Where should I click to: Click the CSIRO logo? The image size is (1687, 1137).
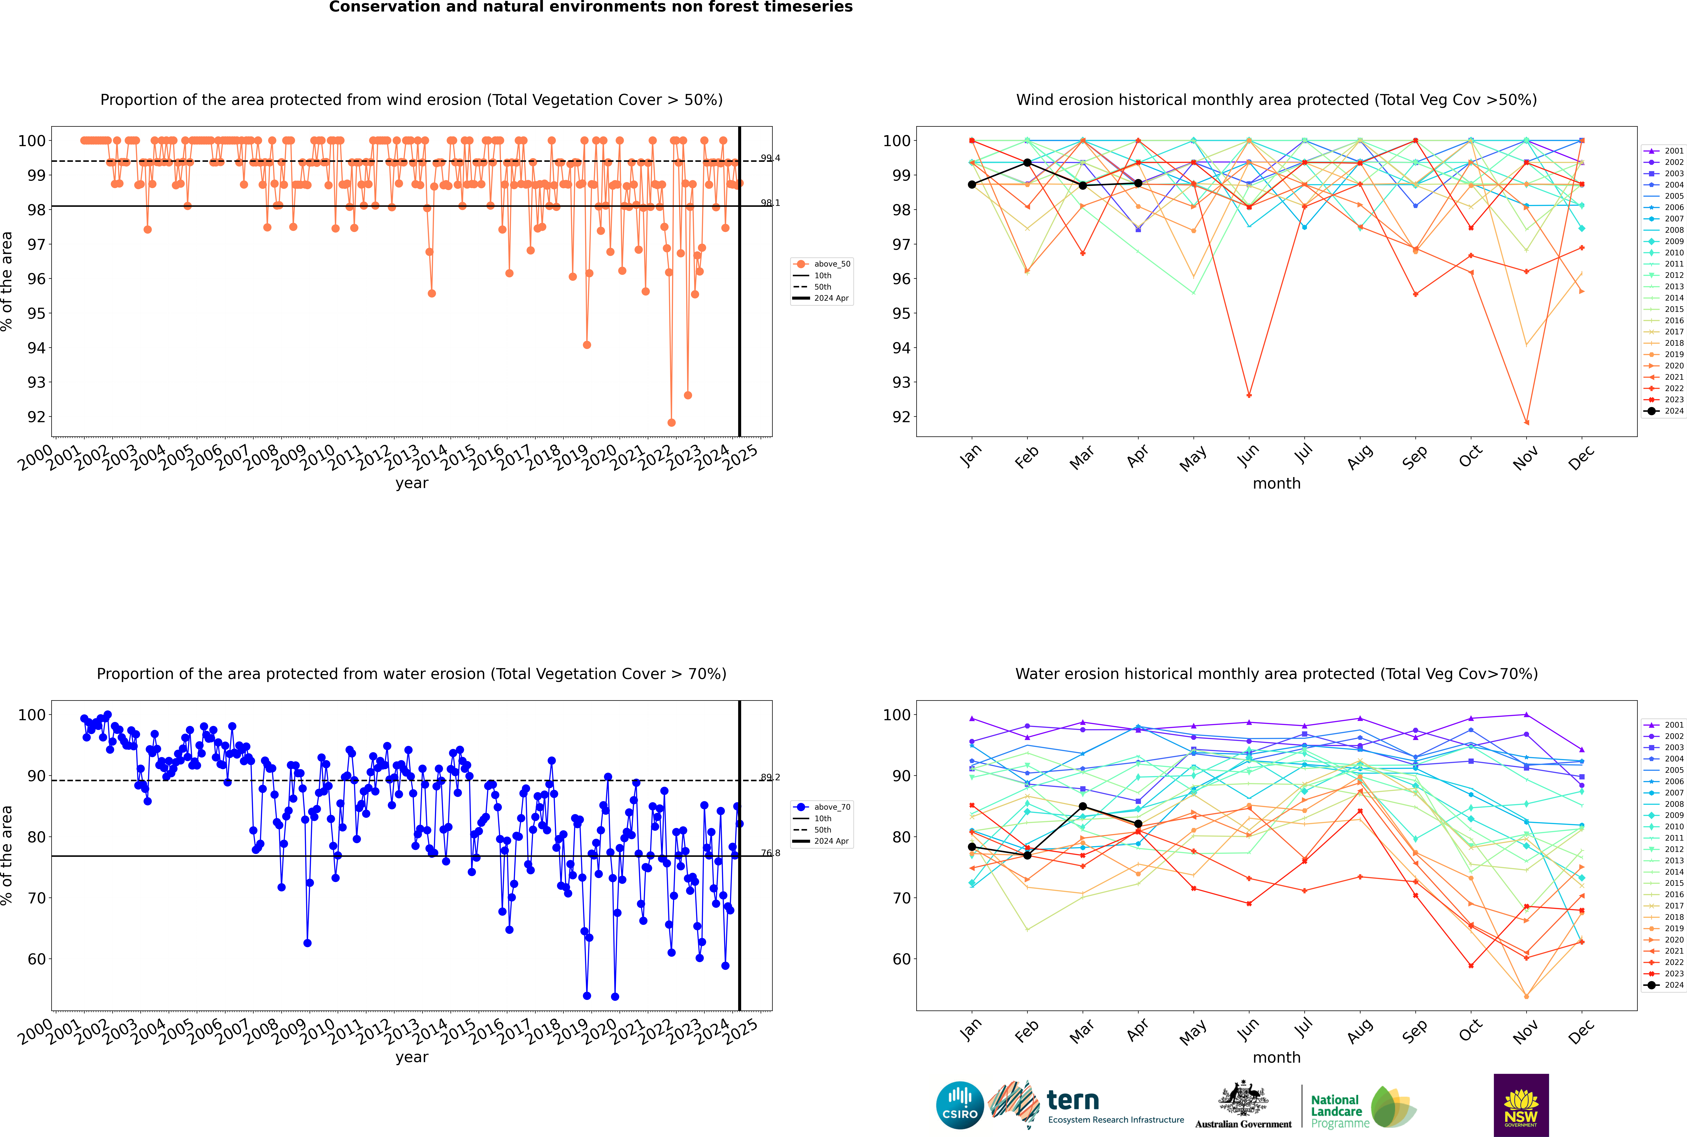[x=960, y=1105]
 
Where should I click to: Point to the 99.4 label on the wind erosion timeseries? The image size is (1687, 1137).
[x=770, y=158]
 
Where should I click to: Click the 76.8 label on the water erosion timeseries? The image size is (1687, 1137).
[x=770, y=853]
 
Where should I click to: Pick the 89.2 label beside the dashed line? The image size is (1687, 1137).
[x=770, y=777]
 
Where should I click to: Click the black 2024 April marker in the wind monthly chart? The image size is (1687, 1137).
[x=1138, y=183]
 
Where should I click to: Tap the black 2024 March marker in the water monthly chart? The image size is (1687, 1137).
[x=1083, y=806]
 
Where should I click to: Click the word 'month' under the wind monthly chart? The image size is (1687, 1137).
[x=1276, y=484]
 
